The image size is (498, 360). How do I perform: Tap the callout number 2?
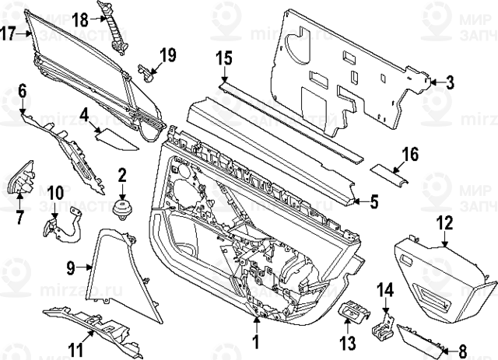coord(121,177)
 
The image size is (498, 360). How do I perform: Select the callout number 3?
coord(449,82)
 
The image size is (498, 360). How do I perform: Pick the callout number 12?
coord(444,222)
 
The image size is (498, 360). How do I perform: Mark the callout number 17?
coord(8,33)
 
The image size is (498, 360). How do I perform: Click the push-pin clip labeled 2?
coord(121,208)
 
